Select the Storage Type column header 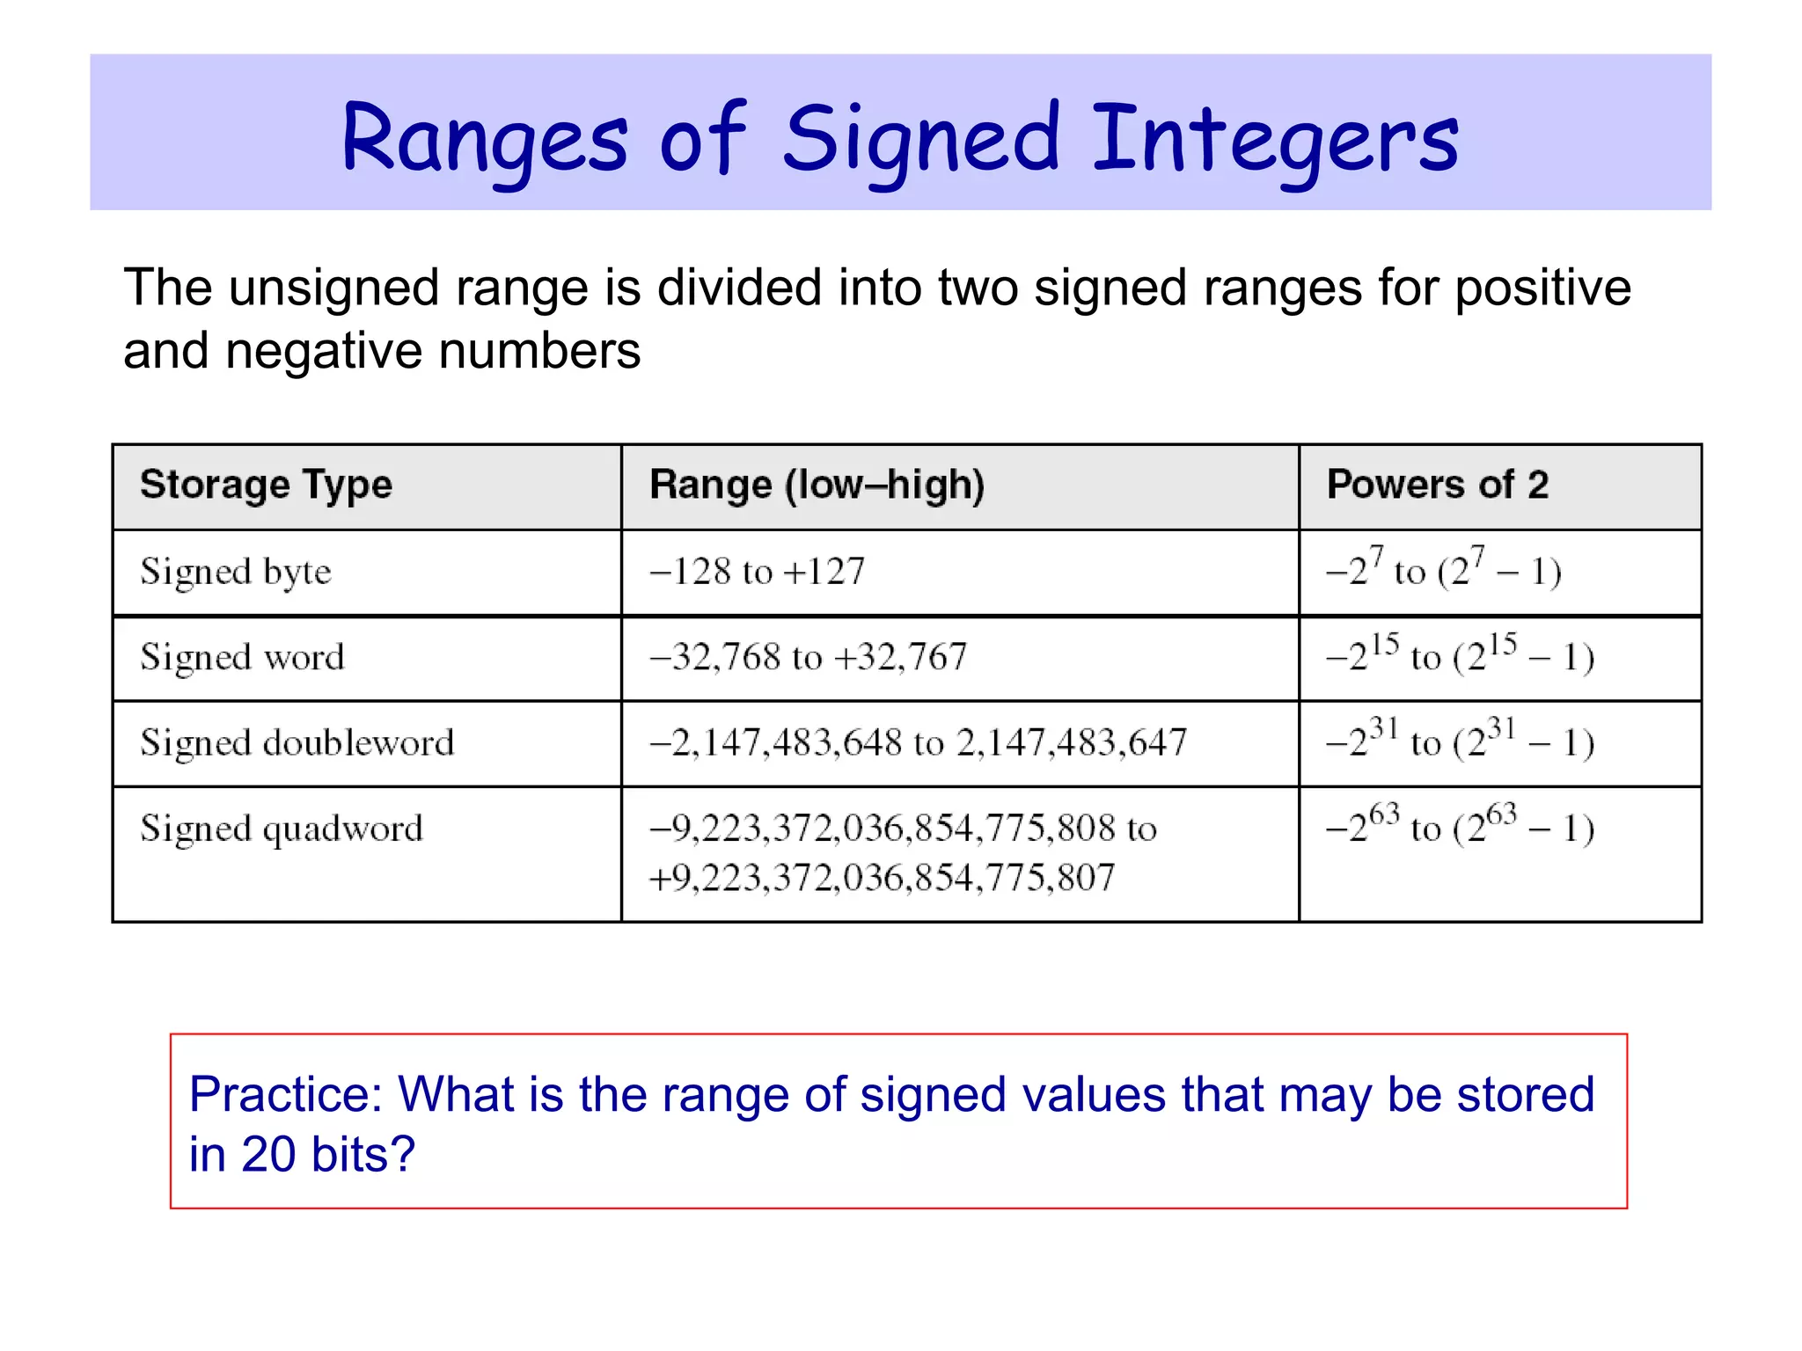[266, 486]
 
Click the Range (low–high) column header [817, 486]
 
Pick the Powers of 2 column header [1437, 485]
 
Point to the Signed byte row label [236, 573]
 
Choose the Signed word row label [242, 658]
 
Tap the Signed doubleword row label [297, 743]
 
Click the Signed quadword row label [282, 829]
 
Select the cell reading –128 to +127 [757, 572]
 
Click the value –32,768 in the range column [714, 658]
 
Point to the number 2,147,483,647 [1072, 743]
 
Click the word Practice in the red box [286, 1095]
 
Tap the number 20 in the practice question [267, 1155]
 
